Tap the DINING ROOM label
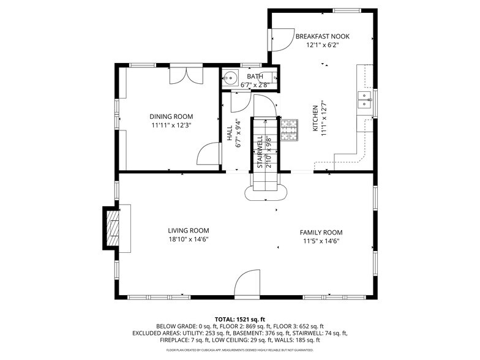pos(171,116)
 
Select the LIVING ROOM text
pos(189,231)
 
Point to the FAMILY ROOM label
pos(321,233)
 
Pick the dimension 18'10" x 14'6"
pos(189,239)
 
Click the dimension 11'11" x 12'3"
pos(171,125)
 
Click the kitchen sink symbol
pos(364,100)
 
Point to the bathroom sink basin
pos(230,78)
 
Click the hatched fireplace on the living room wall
pos(113,227)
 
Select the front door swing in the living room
pos(249,285)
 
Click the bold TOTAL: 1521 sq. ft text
pos(240,320)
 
